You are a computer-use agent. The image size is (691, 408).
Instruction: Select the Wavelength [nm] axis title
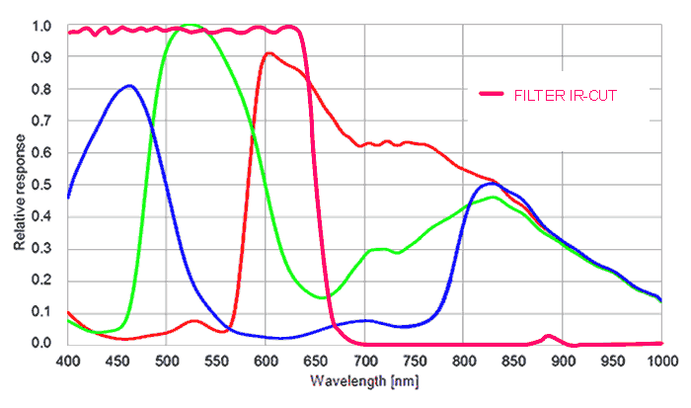click(x=355, y=380)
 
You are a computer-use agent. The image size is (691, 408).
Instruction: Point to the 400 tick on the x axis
click(x=67, y=360)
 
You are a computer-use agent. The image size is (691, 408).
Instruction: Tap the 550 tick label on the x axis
click(x=216, y=360)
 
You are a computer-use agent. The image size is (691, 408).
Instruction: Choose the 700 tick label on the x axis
click(x=364, y=360)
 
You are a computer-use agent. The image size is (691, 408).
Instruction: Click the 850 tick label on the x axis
click(x=513, y=360)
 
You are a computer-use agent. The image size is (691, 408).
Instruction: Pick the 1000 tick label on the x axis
click(x=658, y=360)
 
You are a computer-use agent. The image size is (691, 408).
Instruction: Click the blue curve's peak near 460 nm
click(x=128, y=86)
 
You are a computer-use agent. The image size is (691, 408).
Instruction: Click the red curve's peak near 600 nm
click(x=269, y=53)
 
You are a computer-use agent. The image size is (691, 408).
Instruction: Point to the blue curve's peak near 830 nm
click(x=490, y=184)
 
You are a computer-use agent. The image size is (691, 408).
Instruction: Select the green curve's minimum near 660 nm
click(x=324, y=296)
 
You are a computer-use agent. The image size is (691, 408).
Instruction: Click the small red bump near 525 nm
click(x=193, y=321)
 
